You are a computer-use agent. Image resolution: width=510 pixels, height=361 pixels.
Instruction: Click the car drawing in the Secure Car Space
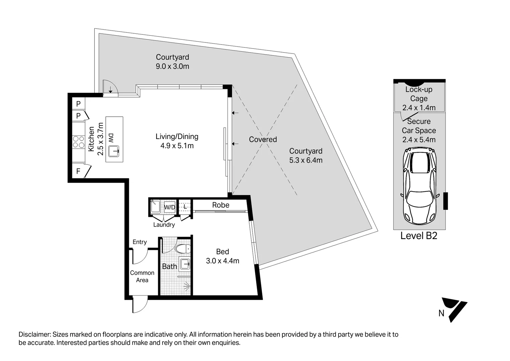[x=420, y=186]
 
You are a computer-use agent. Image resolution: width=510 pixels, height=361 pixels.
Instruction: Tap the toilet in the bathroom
[x=183, y=249]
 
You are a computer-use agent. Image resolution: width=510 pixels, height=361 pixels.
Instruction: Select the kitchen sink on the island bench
[x=113, y=151]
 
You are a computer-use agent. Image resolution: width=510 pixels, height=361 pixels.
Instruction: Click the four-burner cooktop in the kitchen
[x=79, y=142]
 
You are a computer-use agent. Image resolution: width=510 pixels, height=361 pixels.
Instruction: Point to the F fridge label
[x=78, y=171]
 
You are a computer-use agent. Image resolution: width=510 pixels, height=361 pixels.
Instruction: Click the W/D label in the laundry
[x=170, y=207]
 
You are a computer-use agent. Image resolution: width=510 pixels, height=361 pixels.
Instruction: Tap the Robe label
[x=221, y=205]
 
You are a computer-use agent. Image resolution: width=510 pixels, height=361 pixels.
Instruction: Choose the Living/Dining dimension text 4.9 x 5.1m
[x=177, y=146]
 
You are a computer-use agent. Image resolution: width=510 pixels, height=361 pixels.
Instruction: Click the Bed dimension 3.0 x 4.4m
[x=223, y=261]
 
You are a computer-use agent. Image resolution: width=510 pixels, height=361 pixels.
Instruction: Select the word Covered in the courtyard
[x=263, y=139]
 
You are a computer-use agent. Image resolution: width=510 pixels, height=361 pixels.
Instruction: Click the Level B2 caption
[x=419, y=236]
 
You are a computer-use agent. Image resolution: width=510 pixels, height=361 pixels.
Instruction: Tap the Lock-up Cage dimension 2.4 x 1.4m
[x=419, y=108]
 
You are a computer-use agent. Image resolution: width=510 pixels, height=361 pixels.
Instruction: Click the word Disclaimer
[x=34, y=334]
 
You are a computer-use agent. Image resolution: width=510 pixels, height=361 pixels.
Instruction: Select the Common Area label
[x=142, y=276]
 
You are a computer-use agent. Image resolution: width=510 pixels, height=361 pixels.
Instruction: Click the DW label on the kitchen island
[x=111, y=138]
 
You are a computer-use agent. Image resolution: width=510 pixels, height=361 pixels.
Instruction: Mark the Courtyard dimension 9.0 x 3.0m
[x=172, y=66]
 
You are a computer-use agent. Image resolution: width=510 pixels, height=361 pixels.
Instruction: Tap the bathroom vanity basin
[x=184, y=264]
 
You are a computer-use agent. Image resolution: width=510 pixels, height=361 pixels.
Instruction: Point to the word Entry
[x=140, y=242]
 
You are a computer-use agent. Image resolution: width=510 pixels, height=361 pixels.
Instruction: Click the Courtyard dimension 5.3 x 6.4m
[x=306, y=160]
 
